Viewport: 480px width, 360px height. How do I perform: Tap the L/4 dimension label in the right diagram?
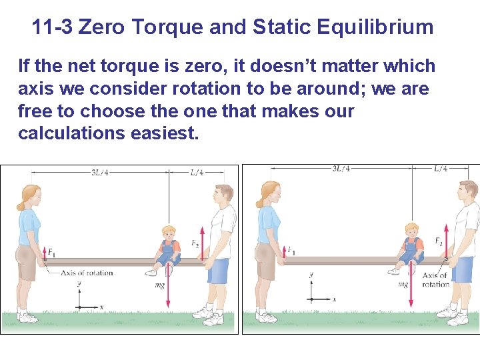pos(441,169)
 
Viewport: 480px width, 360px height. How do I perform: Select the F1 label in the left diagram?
pos(51,252)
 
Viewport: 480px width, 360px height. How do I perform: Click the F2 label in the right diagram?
pos(438,241)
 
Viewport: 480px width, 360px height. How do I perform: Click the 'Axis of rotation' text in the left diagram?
pos(87,273)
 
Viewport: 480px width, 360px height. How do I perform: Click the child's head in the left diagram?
pos(169,233)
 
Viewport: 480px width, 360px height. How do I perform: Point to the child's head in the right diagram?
pos(412,230)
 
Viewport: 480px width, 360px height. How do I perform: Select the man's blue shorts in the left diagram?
pos(218,272)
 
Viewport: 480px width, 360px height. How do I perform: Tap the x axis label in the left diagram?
pos(101,307)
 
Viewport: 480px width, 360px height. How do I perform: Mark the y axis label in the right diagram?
pos(311,275)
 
